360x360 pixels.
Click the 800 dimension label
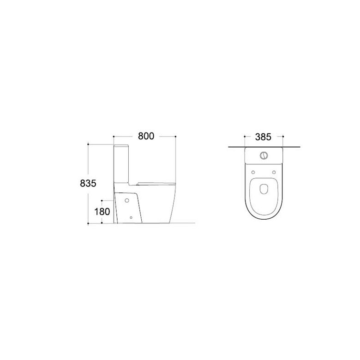coord(146,136)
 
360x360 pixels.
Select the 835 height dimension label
coord(88,183)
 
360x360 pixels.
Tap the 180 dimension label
coord(102,212)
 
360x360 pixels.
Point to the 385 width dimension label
coord(264,137)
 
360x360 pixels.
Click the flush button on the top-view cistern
coord(264,156)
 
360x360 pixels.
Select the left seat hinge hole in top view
coord(253,172)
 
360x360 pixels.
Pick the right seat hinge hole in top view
coord(274,172)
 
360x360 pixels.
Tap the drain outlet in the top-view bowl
coord(264,189)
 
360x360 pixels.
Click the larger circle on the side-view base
coord(127,200)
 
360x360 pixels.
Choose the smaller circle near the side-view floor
coord(131,217)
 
